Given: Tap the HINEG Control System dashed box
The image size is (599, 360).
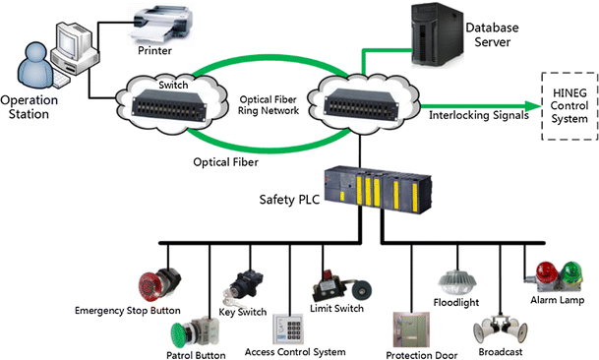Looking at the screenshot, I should pos(569,104).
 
